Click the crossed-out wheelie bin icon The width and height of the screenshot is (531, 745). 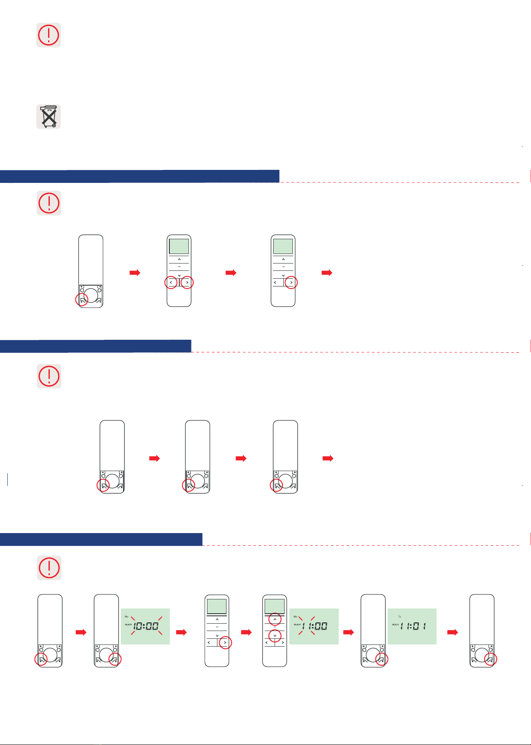point(49,116)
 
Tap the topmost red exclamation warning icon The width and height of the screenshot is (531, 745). point(49,35)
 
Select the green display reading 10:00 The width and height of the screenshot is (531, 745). point(145,626)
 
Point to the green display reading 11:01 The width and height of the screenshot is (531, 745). point(412,626)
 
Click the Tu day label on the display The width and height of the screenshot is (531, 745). point(400,616)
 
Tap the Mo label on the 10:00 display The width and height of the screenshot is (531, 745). point(126,616)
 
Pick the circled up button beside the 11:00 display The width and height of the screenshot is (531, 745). point(275,620)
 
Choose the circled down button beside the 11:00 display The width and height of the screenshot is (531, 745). point(275,636)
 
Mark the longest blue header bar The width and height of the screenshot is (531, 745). point(139,176)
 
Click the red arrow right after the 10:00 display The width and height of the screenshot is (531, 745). point(181,633)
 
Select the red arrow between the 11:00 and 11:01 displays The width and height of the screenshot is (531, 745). point(349,633)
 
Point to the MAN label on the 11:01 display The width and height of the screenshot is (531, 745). point(395,625)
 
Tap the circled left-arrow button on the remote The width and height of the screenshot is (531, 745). point(171,283)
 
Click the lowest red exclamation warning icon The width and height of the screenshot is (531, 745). point(49,568)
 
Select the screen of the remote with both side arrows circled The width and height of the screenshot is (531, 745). point(179,246)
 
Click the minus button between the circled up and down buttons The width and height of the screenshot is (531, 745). point(275,628)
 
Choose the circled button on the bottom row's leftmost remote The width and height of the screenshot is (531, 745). point(41,660)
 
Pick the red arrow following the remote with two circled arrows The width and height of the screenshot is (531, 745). point(231,273)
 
